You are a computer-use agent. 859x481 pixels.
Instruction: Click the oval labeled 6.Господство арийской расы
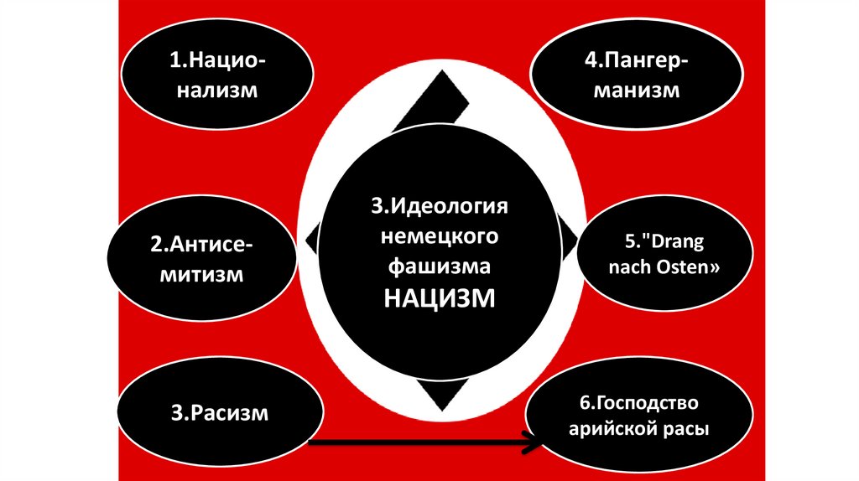[638, 417]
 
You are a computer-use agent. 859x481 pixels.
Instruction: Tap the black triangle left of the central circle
[312, 240]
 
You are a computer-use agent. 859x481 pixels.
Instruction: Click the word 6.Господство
[638, 405]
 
